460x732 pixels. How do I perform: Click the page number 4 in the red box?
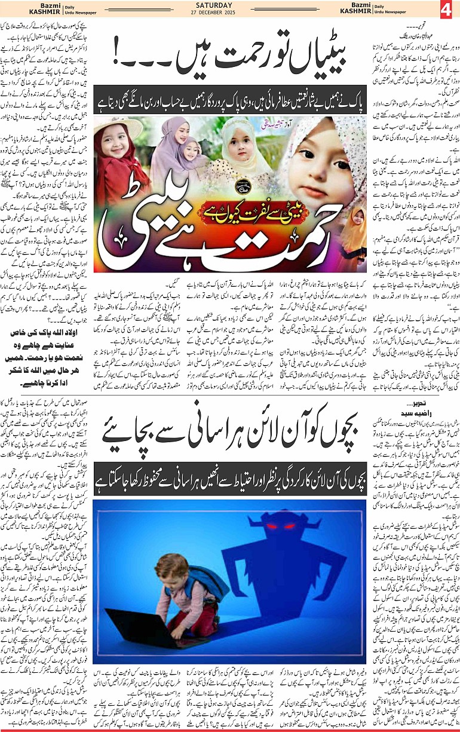pos(447,10)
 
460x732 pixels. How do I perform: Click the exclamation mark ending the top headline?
pos(122,59)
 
